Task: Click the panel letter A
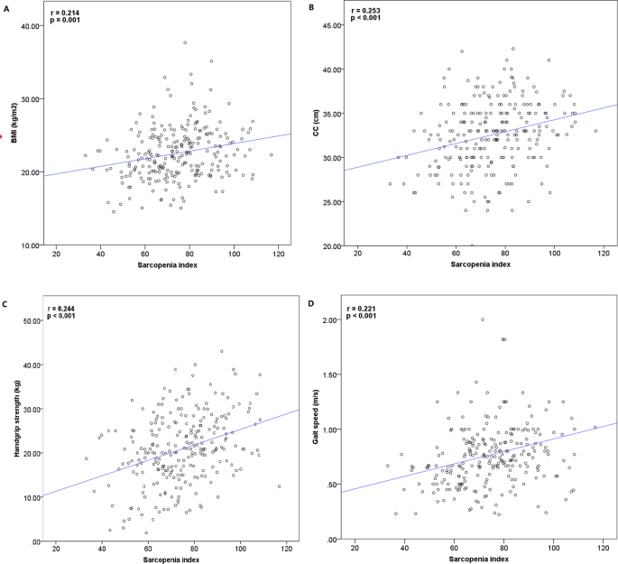5,7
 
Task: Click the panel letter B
313,7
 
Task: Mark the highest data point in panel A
185,42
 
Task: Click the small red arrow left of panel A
3,138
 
